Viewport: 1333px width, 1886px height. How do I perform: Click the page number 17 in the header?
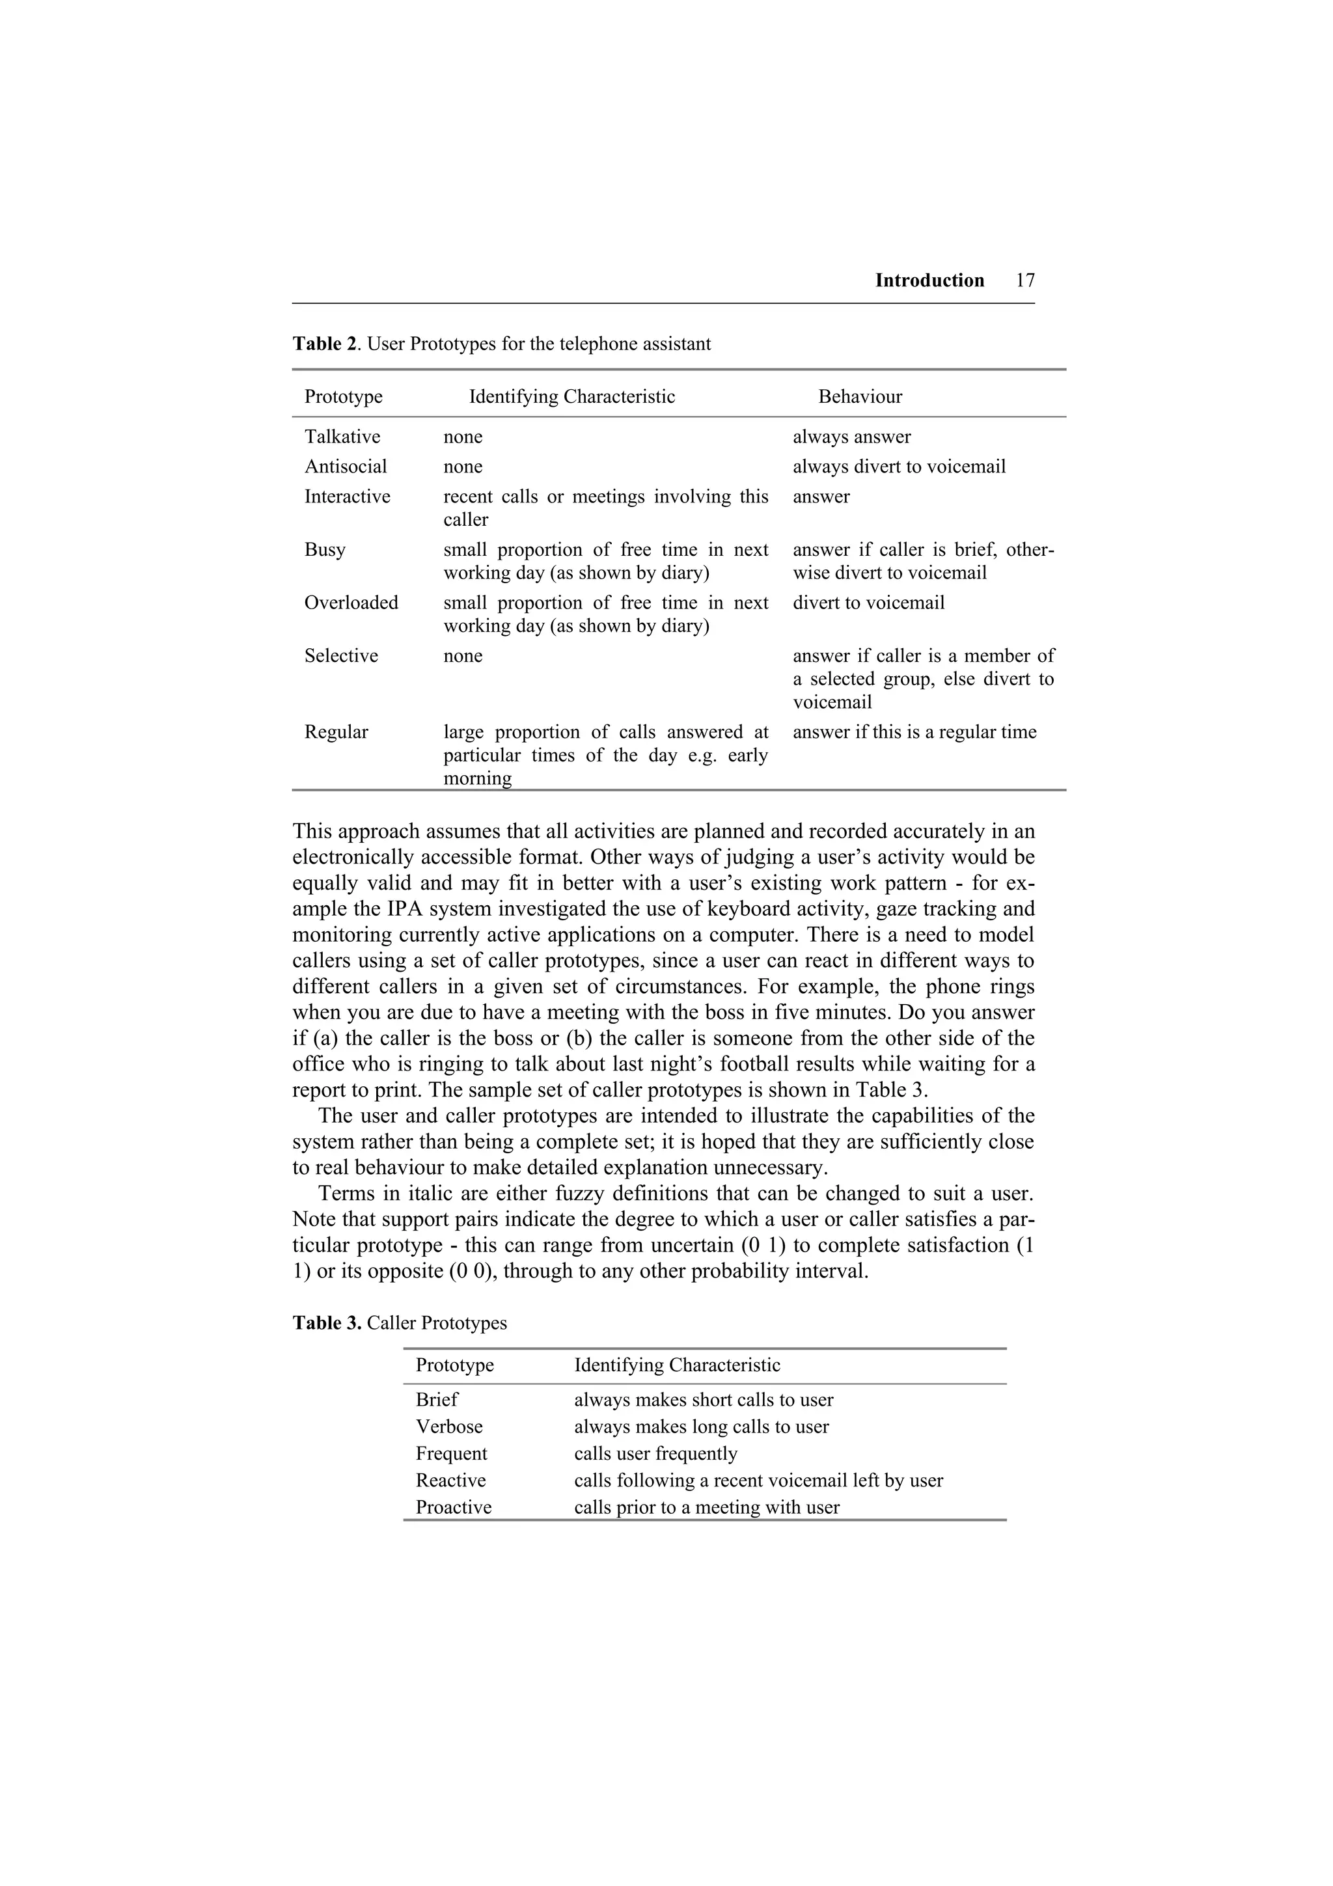(x=1025, y=281)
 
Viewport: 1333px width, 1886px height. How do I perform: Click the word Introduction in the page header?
(x=929, y=281)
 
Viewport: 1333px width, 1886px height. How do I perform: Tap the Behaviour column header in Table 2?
(x=860, y=397)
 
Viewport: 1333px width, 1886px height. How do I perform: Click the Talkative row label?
(x=342, y=437)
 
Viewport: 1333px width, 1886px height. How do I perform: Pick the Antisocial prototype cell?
(x=345, y=467)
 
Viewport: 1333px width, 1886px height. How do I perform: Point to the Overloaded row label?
(x=351, y=603)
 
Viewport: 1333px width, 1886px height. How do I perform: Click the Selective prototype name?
(x=341, y=656)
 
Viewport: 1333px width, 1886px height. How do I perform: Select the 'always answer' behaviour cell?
(x=852, y=437)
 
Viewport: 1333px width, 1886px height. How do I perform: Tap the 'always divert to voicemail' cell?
(x=898, y=467)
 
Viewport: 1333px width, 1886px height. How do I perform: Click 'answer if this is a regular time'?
(x=914, y=732)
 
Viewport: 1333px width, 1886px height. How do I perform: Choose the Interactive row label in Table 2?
(x=348, y=497)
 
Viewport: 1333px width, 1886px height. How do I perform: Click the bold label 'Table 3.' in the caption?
(x=327, y=1323)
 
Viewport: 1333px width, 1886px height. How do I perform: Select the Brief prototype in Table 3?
(x=437, y=1400)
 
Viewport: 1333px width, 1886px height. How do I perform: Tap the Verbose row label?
(x=449, y=1427)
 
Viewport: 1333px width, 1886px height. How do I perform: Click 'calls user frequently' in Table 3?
(x=655, y=1454)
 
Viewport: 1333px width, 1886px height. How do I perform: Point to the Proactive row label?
(x=454, y=1507)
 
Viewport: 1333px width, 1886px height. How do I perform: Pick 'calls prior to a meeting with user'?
(x=706, y=1507)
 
